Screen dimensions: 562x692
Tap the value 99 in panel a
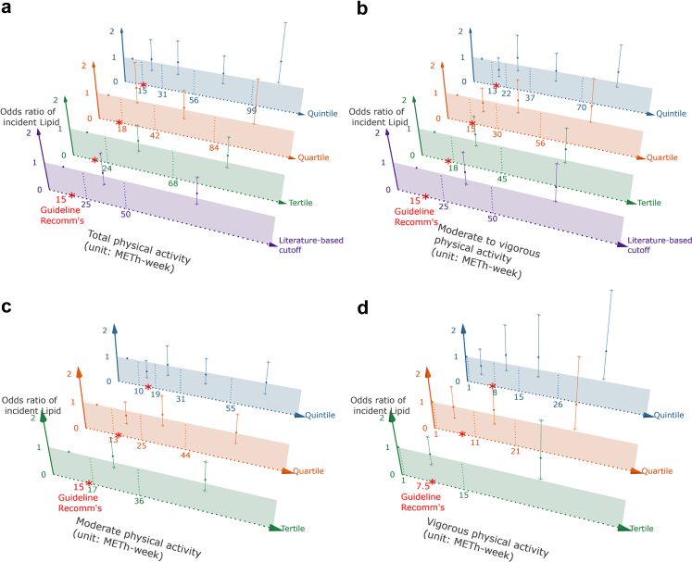coord(251,110)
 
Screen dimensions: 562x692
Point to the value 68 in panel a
coord(172,183)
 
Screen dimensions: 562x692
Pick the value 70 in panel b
coord(581,107)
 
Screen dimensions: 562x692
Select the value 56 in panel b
coord(540,143)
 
